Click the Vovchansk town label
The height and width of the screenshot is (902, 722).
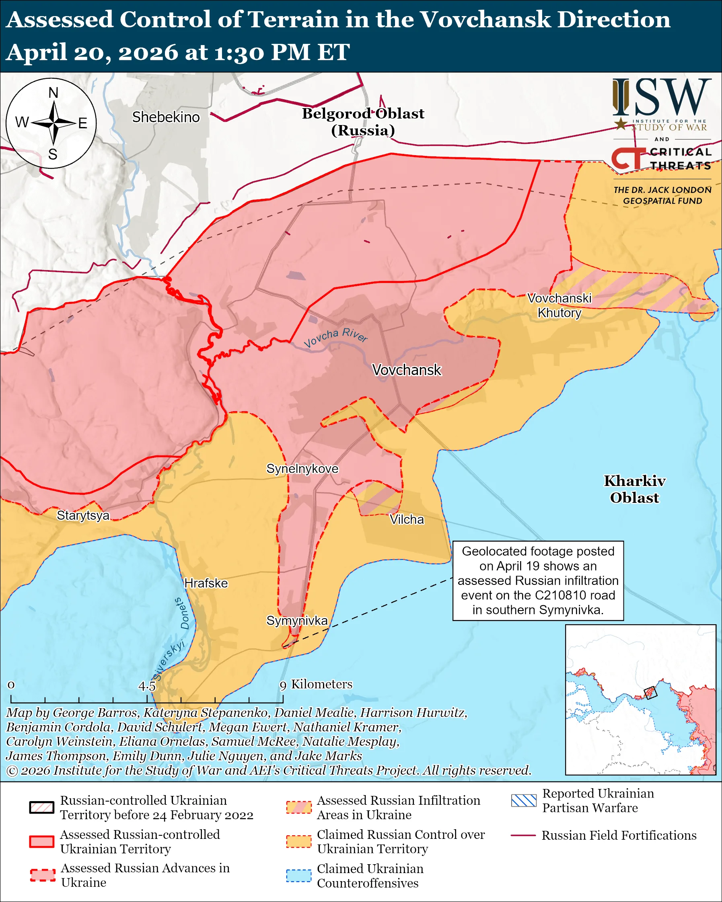pyautogui.click(x=406, y=370)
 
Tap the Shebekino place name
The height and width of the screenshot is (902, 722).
pyautogui.click(x=166, y=117)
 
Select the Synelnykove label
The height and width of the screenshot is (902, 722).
pyautogui.click(x=302, y=469)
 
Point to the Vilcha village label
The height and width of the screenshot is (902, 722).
pyautogui.click(x=406, y=520)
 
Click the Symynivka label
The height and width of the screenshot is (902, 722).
pyautogui.click(x=297, y=621)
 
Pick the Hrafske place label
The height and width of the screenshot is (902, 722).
pyautogui.click(x=206, y=583)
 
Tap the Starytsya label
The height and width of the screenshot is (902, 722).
pyautogui.click(x=83, y=515)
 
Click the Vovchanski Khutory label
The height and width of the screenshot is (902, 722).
pyautogui.click(x=559, y=305)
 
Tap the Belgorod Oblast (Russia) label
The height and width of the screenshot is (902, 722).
pyautogui.click(x=363, y=122)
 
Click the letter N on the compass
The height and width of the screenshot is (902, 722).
pyautogui.click(x=53, y=93)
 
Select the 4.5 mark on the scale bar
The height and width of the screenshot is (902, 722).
pyautogui.click(x=147, y=687)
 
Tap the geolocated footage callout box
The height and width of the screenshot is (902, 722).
pyautogui.click(x=538, y=580)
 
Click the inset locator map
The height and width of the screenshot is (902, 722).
pyautogui.click(x=640, y=699)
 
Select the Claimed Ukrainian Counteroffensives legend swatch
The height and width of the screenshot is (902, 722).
pyautogui.click(x=299, y=875)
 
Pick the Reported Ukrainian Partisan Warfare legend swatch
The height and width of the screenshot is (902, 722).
pyautogui.click(x=523, y=800)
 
